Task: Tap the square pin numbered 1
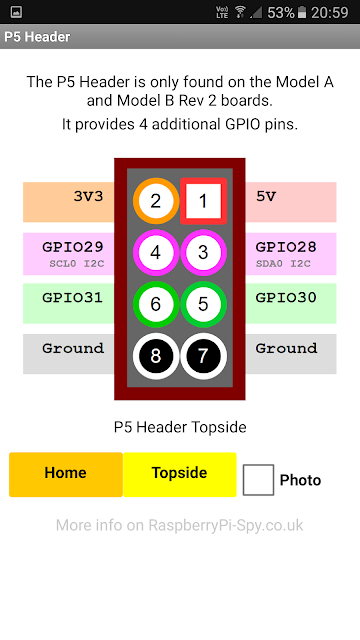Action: [203, 201]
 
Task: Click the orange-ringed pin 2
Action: [156, 201]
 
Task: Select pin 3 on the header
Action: [203, 253]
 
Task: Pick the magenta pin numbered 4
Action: [156, 253]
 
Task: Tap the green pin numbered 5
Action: [203, 304]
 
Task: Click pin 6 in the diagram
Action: [156, 304]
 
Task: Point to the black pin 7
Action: [203, 356]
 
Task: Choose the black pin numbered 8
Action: [156, 356]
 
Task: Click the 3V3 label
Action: [89, 196]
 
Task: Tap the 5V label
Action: [266, 196]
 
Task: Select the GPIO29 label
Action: [73, 247]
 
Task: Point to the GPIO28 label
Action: [286, 247]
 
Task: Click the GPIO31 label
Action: [73, 298]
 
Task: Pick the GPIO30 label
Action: [286, 298]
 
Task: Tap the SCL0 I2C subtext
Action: [77, 264]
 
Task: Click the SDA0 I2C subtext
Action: [283, 264]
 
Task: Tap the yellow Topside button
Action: [180, 474]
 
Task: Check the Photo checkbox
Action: [258, 480]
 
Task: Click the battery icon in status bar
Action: [302, 13]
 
